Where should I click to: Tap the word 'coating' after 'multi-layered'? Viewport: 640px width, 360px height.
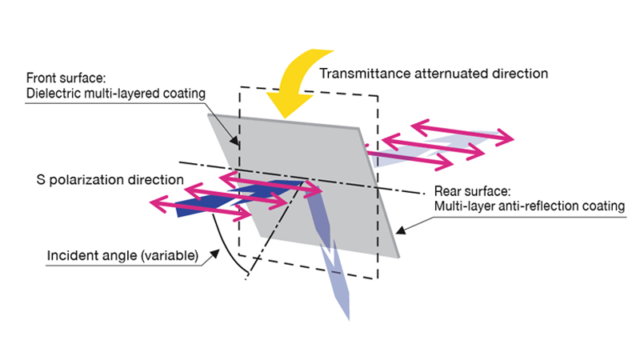coord(186,94)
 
